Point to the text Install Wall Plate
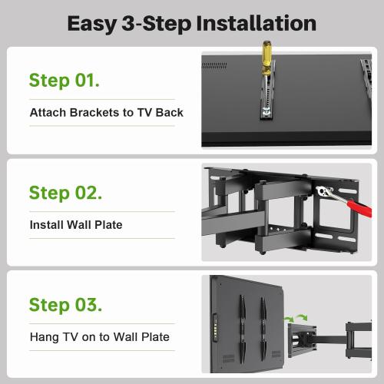coord(76,225)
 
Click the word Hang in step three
coord(44,336)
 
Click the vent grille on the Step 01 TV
coord(218,66)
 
